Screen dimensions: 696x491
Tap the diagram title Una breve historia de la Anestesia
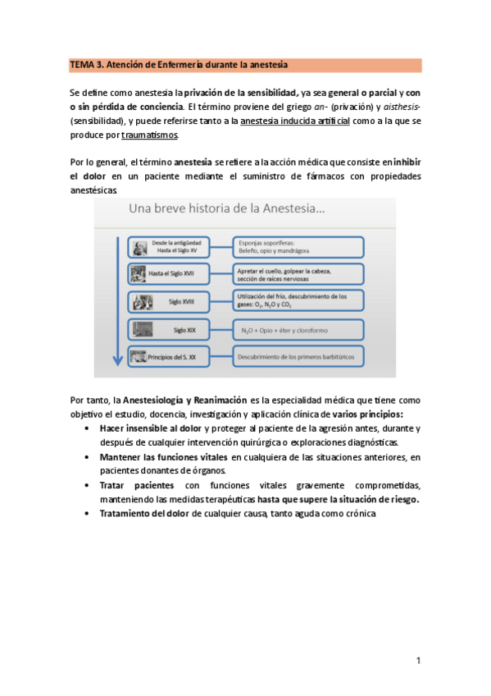[226, 209]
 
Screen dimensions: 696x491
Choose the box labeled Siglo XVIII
[175, 301]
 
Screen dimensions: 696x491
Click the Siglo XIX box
[175, 330]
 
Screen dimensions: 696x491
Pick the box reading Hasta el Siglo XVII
[175, 272]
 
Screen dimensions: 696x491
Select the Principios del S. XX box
[175, 358]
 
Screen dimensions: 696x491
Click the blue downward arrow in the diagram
[117, 304]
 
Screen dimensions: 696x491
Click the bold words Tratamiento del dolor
[144, 513]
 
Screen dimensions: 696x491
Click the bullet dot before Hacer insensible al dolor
[88, 428]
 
